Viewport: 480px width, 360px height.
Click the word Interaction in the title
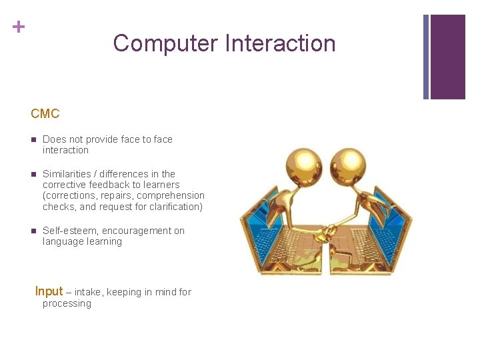[x=280, y=43]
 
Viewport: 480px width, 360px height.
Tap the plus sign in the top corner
[x=19, y=27]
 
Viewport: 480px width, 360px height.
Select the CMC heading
[x=45, y=114]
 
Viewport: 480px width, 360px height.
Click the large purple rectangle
[x=447, y=57]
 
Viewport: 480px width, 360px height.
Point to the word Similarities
[x=69, y=174]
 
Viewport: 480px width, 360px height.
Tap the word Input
[x=49, y=291]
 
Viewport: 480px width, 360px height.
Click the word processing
[x=67, y=304]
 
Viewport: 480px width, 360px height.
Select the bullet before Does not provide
[x=33, y=139]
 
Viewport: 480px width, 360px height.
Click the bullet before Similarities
[x=33, y=174]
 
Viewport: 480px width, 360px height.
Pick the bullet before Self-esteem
[x=33, y=231]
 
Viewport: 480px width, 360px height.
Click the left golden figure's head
[x=303, y=163]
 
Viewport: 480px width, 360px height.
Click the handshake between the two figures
[x=326, y=231]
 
